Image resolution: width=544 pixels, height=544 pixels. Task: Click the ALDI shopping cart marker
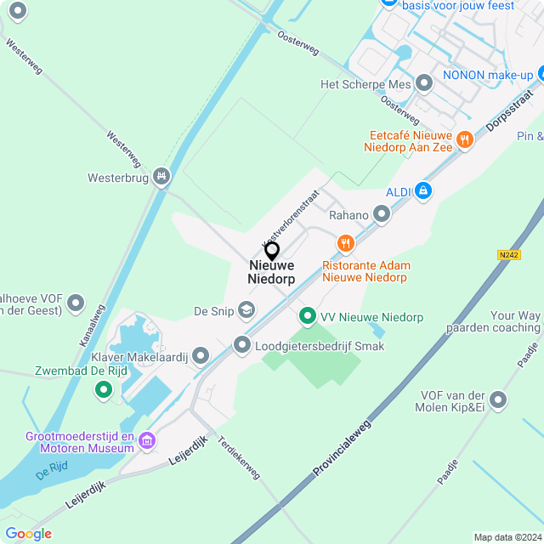tap(424, 191)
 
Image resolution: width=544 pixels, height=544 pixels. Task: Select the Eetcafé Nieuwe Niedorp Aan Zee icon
tap(464, 140)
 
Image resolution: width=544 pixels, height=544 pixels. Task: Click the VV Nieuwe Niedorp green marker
tap(307, 317)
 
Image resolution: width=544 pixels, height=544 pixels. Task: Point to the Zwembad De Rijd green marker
tap(104, 390)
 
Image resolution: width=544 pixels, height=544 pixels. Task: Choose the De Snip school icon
tap(246, 310)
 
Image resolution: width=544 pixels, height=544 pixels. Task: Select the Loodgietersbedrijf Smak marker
tap(242, 345)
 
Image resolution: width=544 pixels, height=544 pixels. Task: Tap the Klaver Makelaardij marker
tap(201, 355)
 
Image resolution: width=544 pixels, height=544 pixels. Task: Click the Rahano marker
tap(382, 215)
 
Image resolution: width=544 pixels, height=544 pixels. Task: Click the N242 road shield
tap(509, 255)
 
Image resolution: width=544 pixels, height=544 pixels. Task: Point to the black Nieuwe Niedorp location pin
tap(272, 251)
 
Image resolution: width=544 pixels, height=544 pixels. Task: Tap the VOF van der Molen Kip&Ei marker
tap(498, 399)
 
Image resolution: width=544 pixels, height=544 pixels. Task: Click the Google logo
tap(28, 534)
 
